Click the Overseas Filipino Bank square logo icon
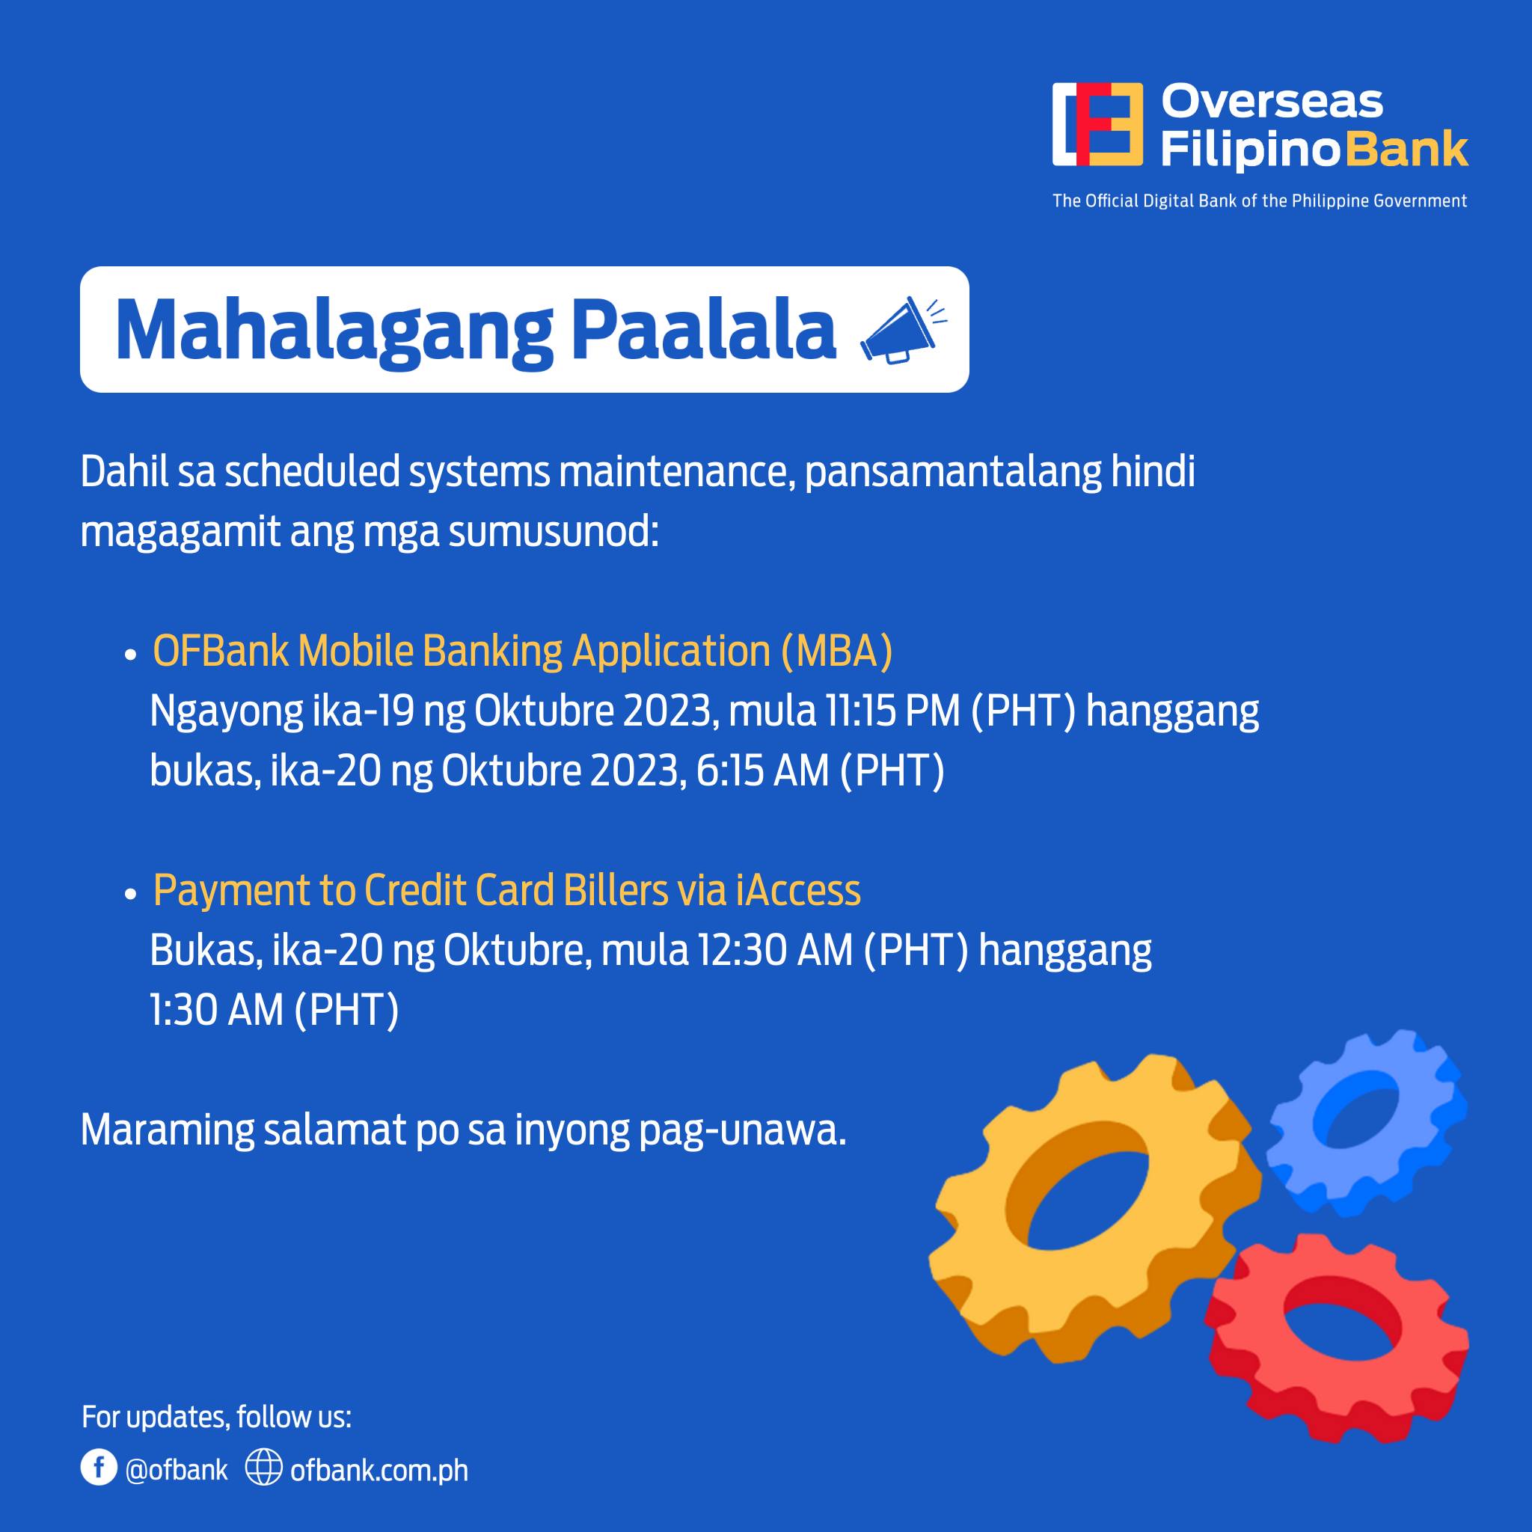click(1097, 124)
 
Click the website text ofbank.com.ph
click(379, 1471)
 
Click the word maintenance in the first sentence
click(677, 473)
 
